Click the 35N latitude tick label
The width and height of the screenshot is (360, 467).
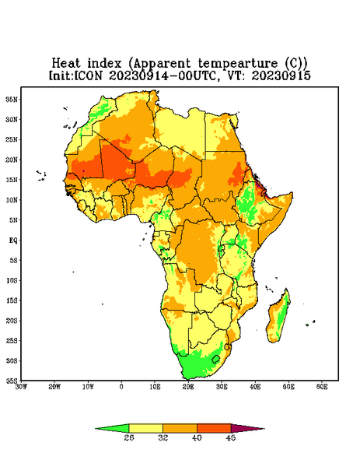point(12,100)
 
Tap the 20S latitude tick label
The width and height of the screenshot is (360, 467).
point(12,321)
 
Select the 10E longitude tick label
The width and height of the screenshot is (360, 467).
point(155,387)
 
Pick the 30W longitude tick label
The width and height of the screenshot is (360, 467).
point(22,387)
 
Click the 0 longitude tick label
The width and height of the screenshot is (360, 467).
point(121,387)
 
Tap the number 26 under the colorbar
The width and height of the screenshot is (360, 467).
point(129,437)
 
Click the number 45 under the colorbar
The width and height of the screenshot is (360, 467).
point(231,437)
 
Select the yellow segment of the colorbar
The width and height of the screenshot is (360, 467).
point(145,428)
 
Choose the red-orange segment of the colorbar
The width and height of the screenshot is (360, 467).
point(214,428)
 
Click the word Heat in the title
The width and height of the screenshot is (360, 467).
point(66,63)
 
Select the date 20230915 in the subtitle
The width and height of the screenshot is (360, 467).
point(281,75)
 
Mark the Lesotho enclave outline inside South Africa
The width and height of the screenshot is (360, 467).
point(215,359)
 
